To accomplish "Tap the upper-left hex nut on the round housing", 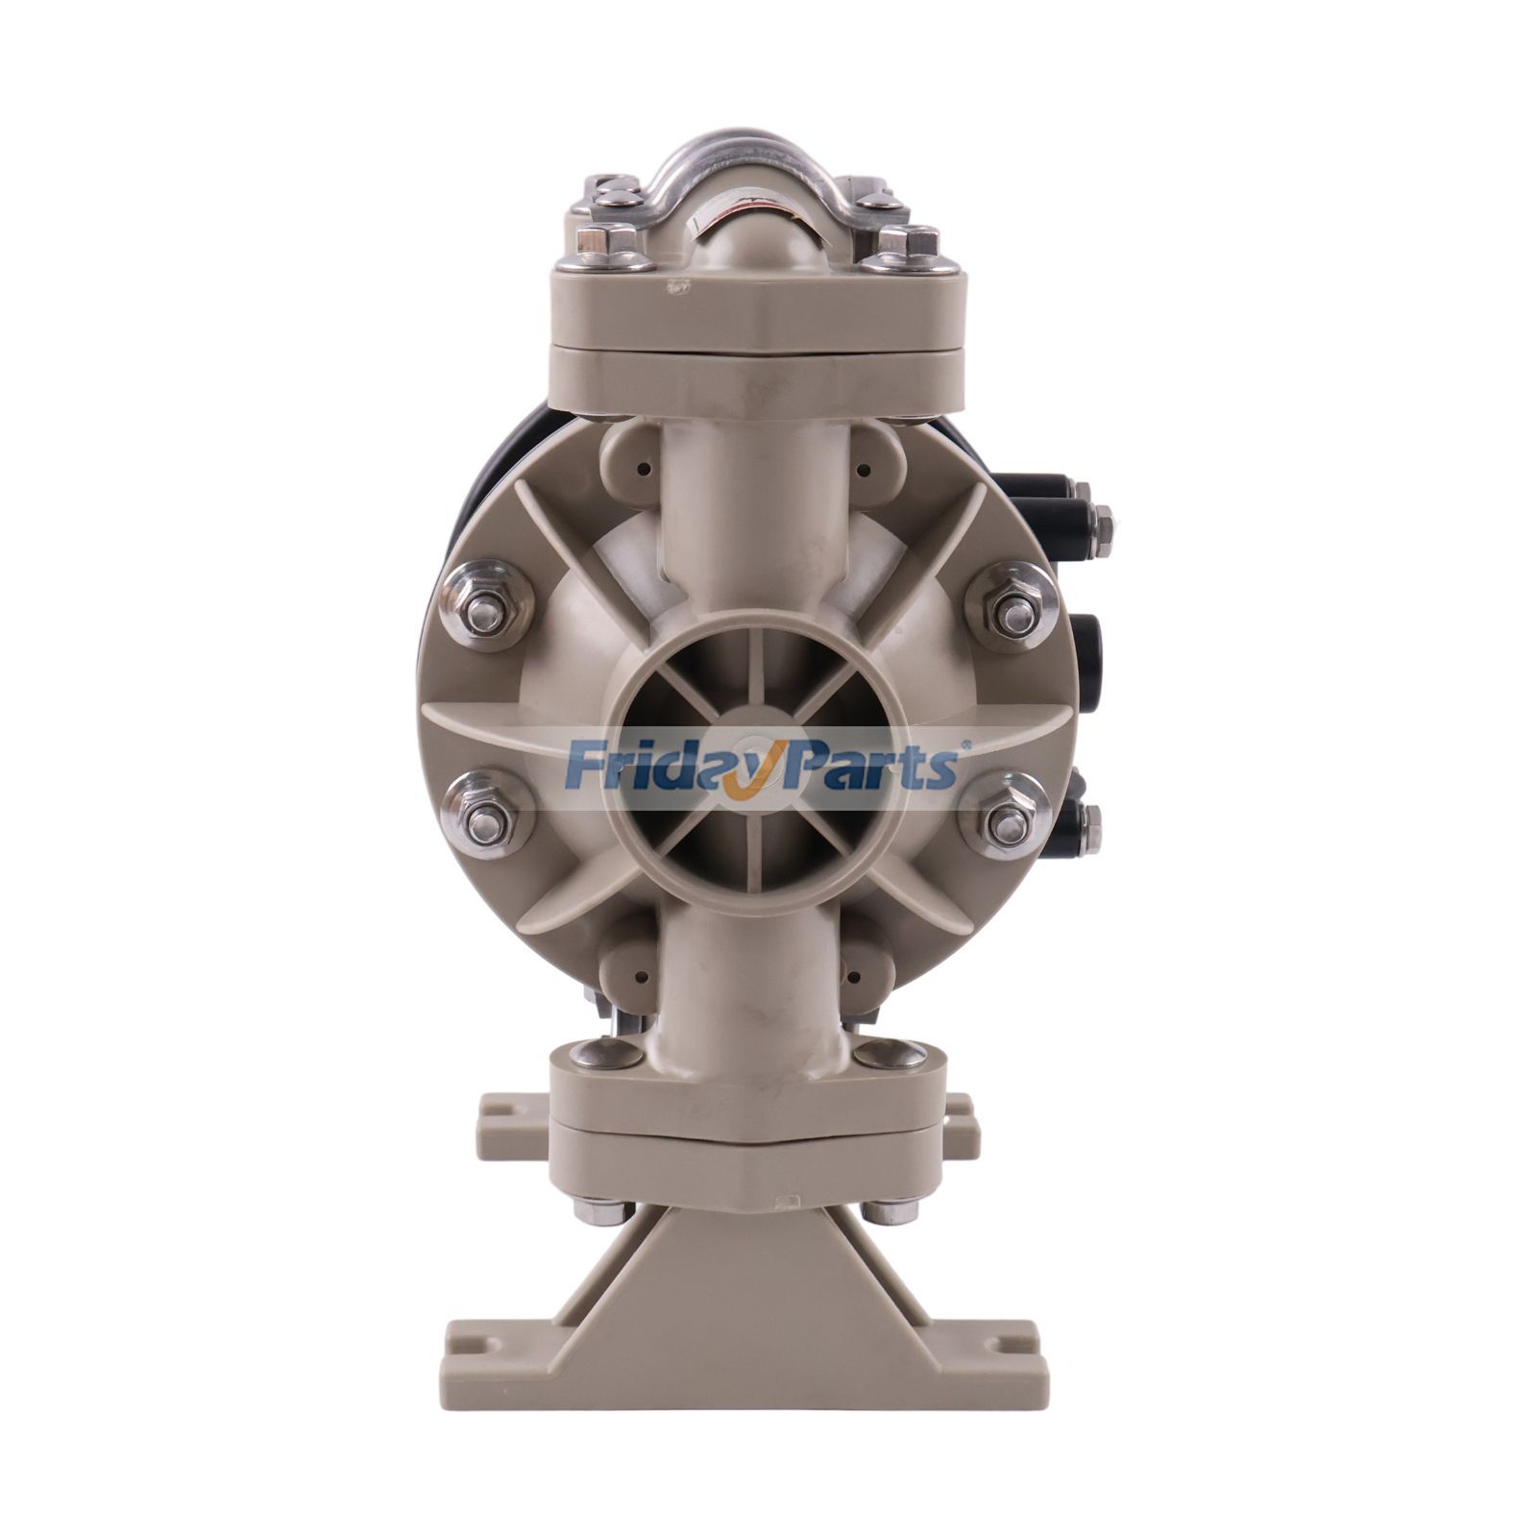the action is [x=485, y=607].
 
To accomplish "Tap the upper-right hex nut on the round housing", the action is [x=1013, y=607].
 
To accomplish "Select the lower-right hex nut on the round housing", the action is [x=1008, y=818].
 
